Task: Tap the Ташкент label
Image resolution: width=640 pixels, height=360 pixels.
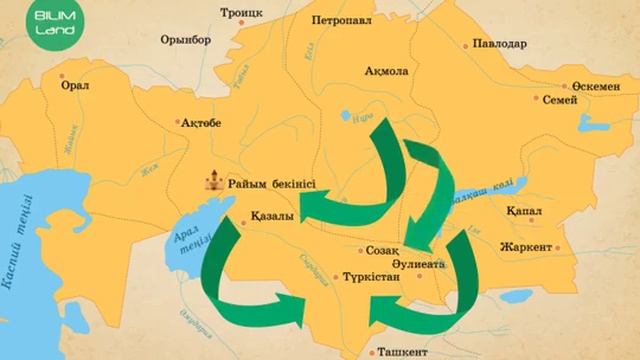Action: [x=401, y=352]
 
